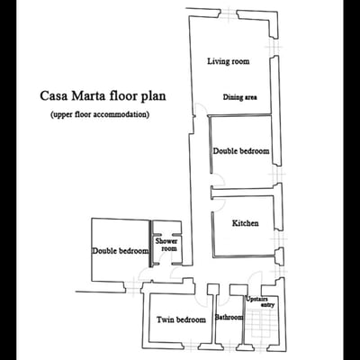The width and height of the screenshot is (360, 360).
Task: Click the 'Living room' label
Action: (228, 61)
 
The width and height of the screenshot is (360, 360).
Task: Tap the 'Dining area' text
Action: (244, 97)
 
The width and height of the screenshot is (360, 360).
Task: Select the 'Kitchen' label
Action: (246, 223)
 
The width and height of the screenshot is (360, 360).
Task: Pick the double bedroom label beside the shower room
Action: (120, 251)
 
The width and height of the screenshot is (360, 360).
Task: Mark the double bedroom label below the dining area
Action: (241, 151)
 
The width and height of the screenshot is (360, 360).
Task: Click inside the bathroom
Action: (229, 333)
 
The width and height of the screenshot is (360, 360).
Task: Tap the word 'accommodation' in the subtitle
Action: (121, 115)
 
